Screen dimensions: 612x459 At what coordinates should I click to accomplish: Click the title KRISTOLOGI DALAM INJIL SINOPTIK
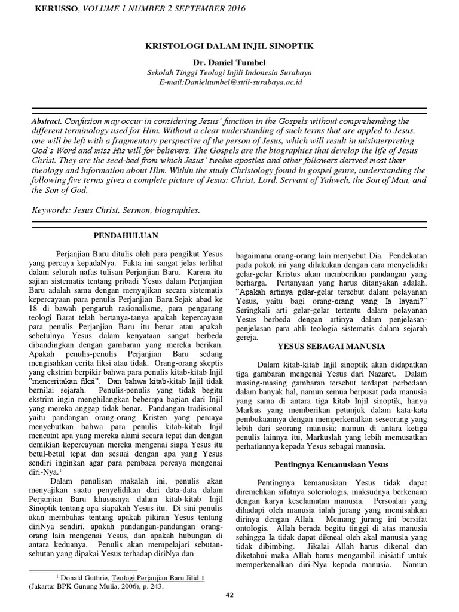229,45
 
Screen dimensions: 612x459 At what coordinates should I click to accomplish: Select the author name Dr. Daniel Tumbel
229,62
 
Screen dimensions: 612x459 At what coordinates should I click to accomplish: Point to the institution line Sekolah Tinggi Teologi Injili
229,72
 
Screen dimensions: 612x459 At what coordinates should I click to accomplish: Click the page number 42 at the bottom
229,595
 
